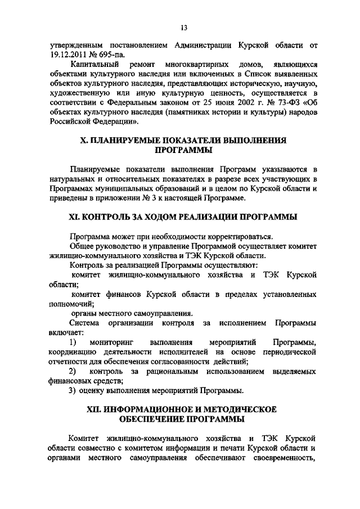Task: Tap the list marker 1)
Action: (x=73, y=342)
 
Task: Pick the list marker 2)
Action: (x=73, y=371)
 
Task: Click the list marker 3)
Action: (x=72, y=390)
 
